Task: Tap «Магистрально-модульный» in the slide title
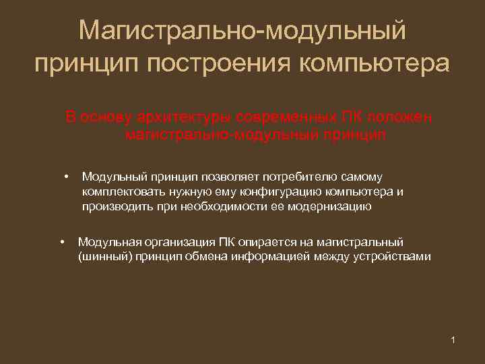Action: pyautogui.click(x=243, y=30)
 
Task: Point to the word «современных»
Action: pyautogui.click(x=271, y=117)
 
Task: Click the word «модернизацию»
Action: pyautogui.click(x=329, y=207)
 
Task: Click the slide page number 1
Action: pyautogui.click(x=453, y=339)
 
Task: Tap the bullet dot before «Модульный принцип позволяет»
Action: pyautogui.click(x=67, y=177)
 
